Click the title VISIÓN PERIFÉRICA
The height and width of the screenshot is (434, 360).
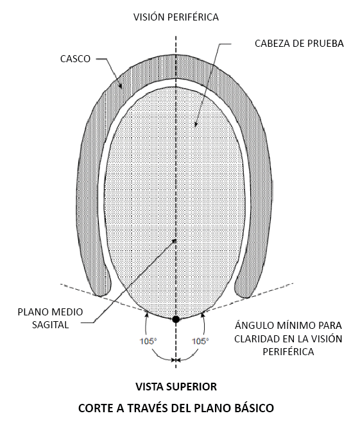[176, 17]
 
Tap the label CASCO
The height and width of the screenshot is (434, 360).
[75, 59]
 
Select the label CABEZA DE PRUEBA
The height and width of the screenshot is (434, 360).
[299, 44]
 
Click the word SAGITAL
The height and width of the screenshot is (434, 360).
[51, 324]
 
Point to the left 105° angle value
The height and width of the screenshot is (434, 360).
[148, 341]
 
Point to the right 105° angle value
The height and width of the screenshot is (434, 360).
[200, 341]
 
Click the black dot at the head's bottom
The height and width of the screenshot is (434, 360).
[176, 319]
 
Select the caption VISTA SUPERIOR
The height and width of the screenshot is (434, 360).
[176, 387]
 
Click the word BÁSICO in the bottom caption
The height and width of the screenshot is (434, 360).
[253, 408]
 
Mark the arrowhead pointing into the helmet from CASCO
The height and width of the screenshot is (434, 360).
[121, 86]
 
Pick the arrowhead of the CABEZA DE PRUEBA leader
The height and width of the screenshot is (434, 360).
[196, 124]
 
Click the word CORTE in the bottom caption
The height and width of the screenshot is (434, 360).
[95, 408]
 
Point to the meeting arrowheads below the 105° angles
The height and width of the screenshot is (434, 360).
[176, 360]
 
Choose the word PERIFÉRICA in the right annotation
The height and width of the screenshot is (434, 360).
[288, 351]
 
